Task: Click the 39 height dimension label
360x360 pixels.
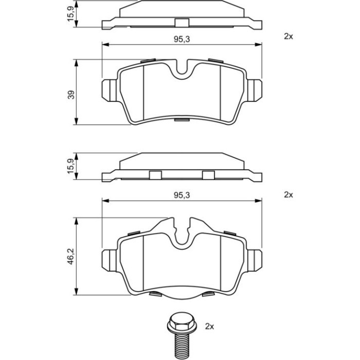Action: [72, 95]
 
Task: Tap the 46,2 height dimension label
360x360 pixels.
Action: [71, 256]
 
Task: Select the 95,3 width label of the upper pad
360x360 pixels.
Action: [182, 40]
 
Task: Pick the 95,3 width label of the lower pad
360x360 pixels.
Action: [182, 195]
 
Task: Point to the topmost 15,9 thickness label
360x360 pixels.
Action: [71, 14]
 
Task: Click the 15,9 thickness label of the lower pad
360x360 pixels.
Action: [71, 167]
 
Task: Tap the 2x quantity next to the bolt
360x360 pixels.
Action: [209, 326]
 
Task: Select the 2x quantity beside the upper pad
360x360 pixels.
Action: [289, 37]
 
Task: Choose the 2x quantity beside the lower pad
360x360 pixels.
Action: [289, 195]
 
